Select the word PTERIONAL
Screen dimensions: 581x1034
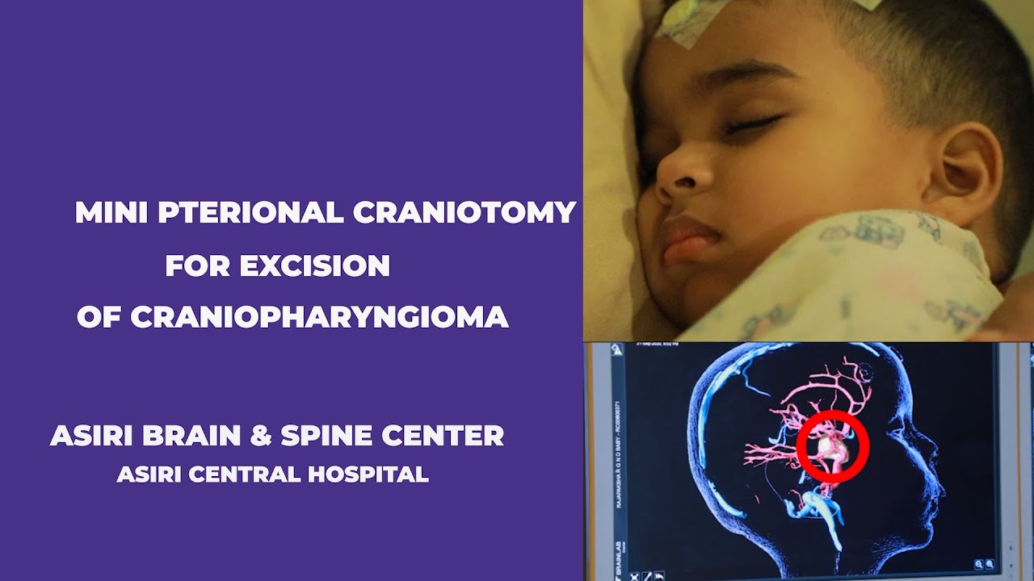click(x=250, y=213)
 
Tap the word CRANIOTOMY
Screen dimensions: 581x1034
click(x=464, y=213)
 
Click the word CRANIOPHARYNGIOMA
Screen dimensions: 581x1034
click(x=319, y=317)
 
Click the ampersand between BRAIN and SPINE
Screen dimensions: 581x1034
click(x=263, y=436)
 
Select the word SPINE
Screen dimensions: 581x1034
click(x=326, y=436)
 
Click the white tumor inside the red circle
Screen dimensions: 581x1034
click(x=830, y=445)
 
